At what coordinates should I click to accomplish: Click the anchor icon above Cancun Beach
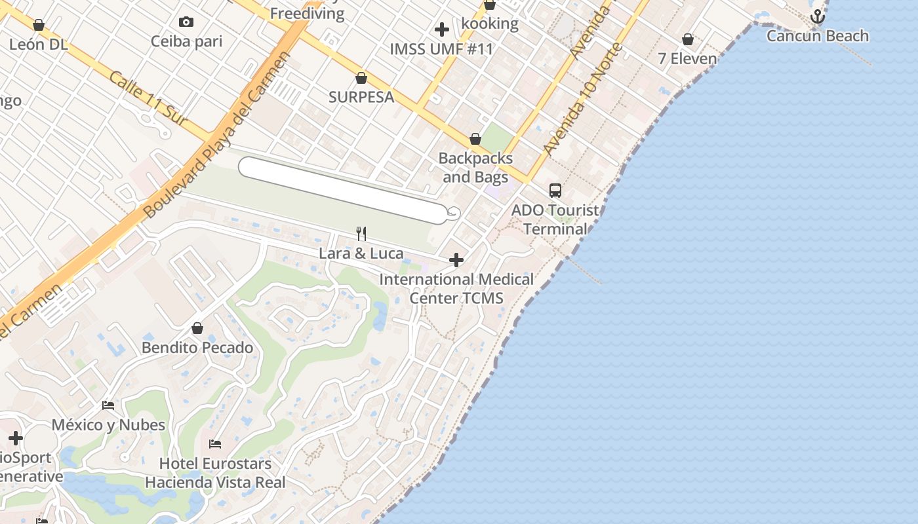pyautogui.click(x=817, y=17)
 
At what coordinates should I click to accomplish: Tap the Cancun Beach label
pyautogui.click(x=817, y=36)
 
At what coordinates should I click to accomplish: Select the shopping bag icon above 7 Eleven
pyautogui.click(x=687, y=40)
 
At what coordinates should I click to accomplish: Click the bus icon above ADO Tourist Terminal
pyautogui.click(x=555, y=191)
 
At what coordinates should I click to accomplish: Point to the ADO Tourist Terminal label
pyautogui.click(x=555, y=219)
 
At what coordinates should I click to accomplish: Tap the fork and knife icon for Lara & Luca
pyautogui.click(x=361, y=234)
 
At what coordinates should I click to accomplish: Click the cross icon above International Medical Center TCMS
pyautogui.click(x=456, y=261)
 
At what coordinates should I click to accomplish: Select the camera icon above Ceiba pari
pyautogui.click(x=186, y=22)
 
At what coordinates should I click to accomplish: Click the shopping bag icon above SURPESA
pyautogui.click(x=361, y=79)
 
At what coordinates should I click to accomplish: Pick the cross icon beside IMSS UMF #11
pyautogui.click(x=442, y=29)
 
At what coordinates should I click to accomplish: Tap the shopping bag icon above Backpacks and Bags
pyautogui.click(x=475, y=140)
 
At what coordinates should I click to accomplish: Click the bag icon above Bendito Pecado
pyautogui.click(x=197, y=328)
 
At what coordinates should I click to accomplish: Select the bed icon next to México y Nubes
pyautogui.click(x=108, y=405)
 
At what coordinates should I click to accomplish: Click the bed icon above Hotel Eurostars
pyautogui.click(x=214, y=444)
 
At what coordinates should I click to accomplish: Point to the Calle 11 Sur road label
pyautogui.click(x=148, y=98)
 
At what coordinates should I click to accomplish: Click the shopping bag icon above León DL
pyautogui.click(x=38, y=26)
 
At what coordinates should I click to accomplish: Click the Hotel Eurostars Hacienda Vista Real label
pyautogui.click(x=215, y=474)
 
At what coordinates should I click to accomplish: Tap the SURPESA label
pyautogui.click(x=361, y=98)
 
